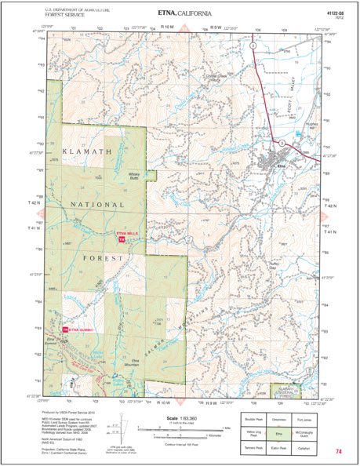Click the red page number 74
click(x=338, y=452)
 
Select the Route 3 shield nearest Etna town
click(x=282, y=143)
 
